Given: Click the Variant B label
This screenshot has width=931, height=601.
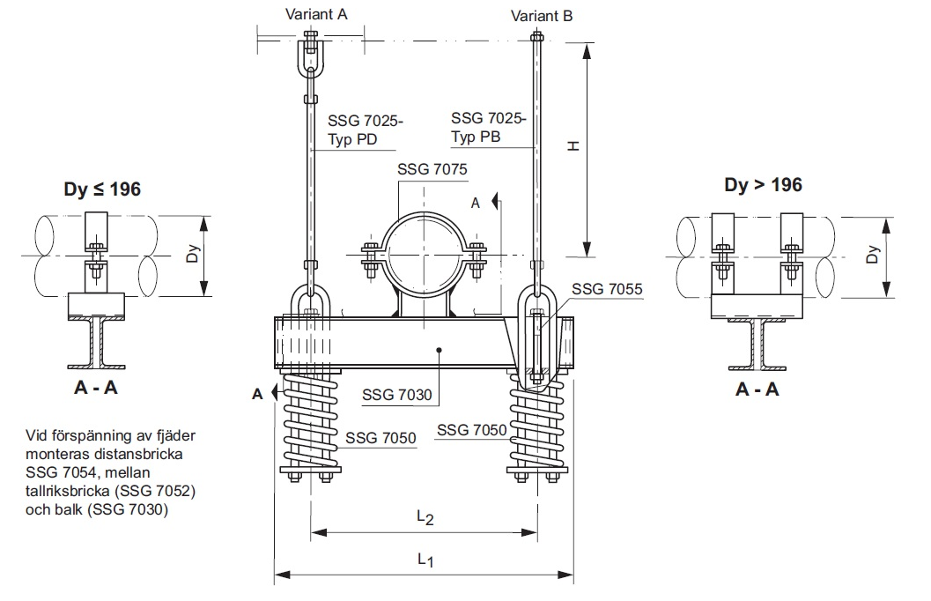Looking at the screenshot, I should click(x=543, y=15).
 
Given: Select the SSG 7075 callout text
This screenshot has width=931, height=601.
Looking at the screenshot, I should click(x=432, y=168).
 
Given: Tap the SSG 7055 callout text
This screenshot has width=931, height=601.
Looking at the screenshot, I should click(x=607, y=288).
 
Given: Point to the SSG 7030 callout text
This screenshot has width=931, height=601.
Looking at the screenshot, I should click(x=397, y=395).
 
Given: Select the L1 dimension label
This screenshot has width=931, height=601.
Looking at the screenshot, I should click(x=425, y=559).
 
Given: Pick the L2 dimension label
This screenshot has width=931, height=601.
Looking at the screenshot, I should click(x=425, y=518).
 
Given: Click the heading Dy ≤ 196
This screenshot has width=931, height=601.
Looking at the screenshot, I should click(x=101, y=188).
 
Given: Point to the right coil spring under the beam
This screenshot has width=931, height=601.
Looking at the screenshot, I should click(x=539, y=427).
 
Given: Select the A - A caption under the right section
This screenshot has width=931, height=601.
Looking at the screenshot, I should click(x=757, y=389).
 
